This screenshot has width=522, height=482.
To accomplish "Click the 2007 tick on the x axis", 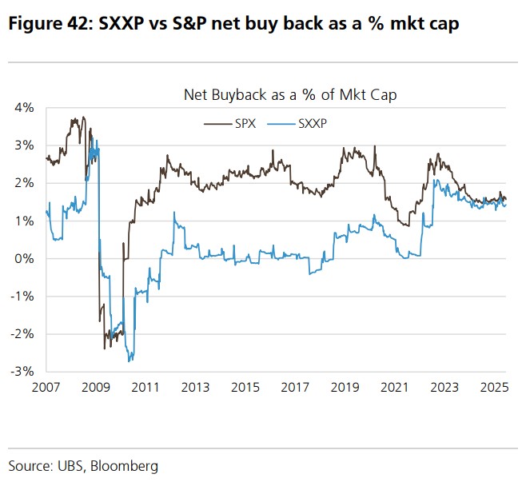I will (47, 388).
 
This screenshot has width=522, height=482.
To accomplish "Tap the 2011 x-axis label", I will (145, 388).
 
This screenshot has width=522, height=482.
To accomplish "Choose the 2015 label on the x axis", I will (245, 388).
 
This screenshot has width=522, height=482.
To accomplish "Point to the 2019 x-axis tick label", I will (344, 388).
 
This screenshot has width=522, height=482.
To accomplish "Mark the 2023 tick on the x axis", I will (443, 388).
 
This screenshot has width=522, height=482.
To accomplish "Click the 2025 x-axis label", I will (492, 388).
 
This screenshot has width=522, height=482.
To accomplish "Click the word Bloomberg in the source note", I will (127, 465).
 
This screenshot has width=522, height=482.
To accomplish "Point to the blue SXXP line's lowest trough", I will (130, 361).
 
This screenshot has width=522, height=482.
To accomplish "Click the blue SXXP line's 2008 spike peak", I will (93, 140).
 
